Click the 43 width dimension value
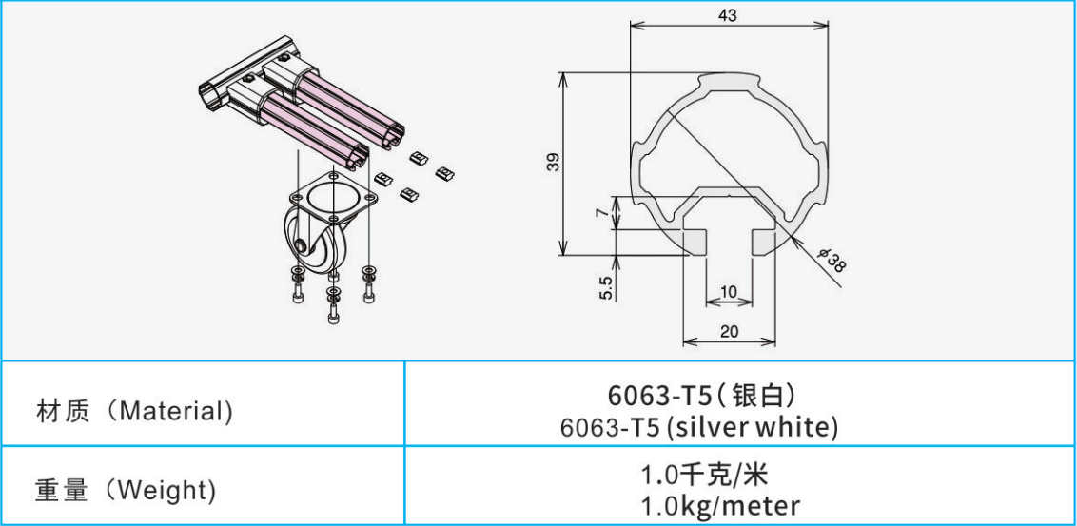point(728,16)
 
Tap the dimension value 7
point(601,215)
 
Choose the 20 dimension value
point(729,332)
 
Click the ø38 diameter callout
point(831,261)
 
